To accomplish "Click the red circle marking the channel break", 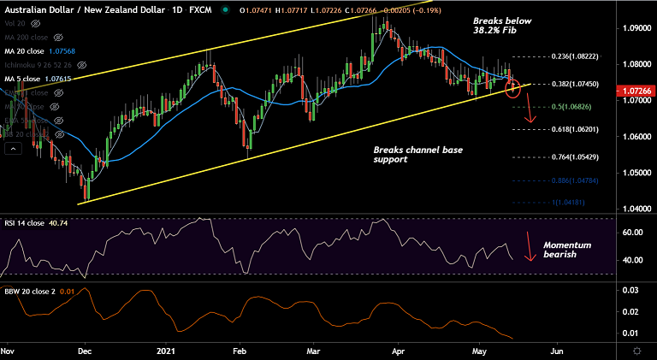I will (513, 87).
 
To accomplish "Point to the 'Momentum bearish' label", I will (567, 250).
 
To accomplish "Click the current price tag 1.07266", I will (634, 89).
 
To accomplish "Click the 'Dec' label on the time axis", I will (85, 351).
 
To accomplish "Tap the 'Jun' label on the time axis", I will (556, 351).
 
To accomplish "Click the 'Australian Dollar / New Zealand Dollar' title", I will (77, 10).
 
